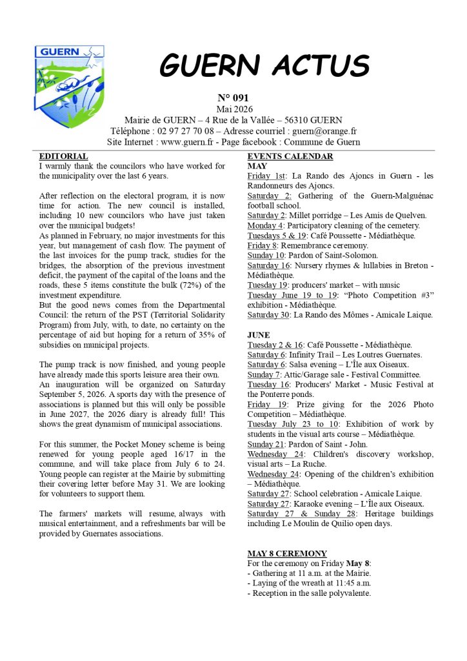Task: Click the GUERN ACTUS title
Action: point(264,65)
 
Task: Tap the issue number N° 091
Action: point(233,98)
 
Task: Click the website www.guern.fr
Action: point(187,142)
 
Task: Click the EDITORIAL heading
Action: point(64,156)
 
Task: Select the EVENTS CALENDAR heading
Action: point(290,156)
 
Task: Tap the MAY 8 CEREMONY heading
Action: point(287,553)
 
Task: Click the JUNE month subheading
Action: point(259,335)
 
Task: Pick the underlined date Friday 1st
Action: point(268,176)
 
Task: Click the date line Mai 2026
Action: point(233,109)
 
